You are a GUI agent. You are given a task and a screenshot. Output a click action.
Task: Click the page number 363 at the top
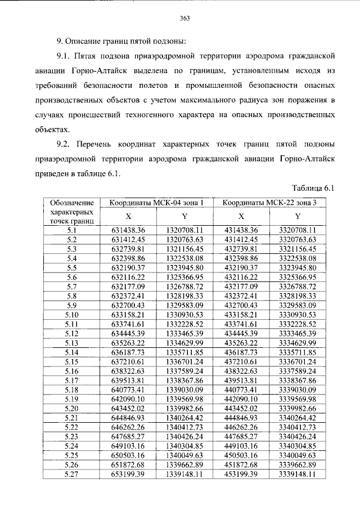pos(183,18)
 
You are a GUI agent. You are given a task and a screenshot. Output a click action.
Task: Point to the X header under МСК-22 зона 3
pos(241,216)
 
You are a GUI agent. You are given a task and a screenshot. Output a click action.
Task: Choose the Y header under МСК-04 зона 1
pos(185,216)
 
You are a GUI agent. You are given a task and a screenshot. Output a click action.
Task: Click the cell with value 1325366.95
pos(185,278)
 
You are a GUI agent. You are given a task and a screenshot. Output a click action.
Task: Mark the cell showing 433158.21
pos(241,315)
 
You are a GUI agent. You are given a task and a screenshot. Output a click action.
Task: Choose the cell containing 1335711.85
pos(185,352)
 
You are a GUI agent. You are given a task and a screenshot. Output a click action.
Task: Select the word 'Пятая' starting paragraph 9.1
pos(91,57)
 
